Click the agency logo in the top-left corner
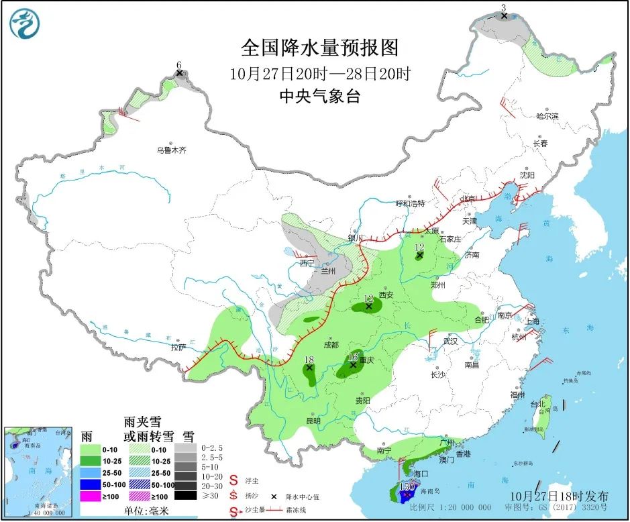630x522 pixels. pos(25,24)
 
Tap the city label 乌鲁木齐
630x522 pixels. pos(171,150)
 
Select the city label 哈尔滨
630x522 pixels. pos(547,116)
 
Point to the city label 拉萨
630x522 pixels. pos(177,348)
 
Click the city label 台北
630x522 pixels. pos(539,405)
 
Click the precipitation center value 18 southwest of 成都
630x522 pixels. pos(309,359)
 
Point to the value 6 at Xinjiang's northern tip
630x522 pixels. pos(178,65)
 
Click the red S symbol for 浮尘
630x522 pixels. pos(234,480)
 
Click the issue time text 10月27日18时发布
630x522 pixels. pos(560,496)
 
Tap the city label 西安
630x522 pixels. pos(385,295)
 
